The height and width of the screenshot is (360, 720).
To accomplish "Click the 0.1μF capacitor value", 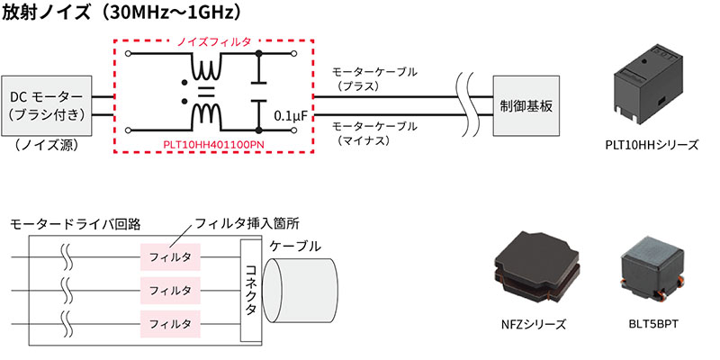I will click(288, 116).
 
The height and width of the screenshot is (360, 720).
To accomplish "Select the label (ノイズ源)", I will click(44, 144).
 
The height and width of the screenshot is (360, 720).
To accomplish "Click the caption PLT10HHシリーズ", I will click(652, 143).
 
